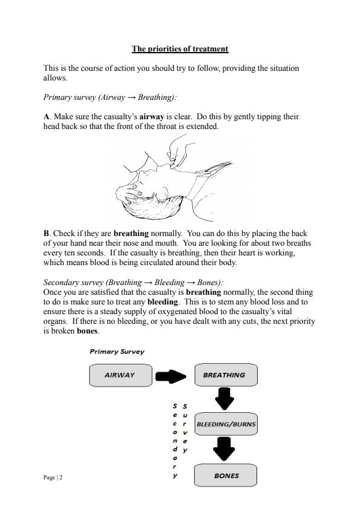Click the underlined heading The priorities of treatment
coord(180,48)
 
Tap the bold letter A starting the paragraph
coord(47,116)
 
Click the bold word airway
coord(152,116)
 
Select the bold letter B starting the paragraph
coord(47,232)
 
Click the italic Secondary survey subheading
coord(134,282)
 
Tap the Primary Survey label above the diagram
coord(117,352)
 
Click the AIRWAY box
coord(119,375)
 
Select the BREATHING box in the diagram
coord(224,375)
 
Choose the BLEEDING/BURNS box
coord(226,424)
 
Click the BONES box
coord(226,476)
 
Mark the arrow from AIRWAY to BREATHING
coord(171,376)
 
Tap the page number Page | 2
coord(53,478)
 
